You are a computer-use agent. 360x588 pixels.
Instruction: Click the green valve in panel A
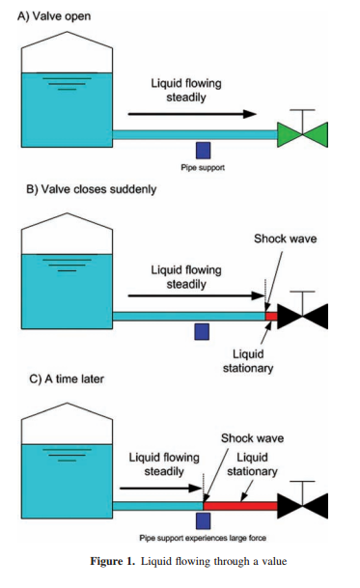tap(303, 134)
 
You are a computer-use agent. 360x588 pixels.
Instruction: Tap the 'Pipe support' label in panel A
tap(203, 168)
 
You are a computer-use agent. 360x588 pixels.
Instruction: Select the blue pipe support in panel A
tap(203, 151)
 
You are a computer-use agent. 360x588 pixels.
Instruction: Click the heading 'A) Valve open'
tap(54, 16)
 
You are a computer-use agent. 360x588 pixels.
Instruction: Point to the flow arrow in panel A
tap(192, 114)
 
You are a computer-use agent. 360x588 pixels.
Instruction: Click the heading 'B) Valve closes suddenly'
tap(91, 189)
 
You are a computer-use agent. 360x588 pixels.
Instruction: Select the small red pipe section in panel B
tap(271, 316)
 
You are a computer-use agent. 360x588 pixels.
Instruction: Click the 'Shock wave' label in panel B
tap(286, 238)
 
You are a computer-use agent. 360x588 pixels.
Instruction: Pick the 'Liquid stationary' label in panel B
tap(248, 361)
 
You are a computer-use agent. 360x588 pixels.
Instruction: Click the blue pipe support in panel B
tap(202, 332)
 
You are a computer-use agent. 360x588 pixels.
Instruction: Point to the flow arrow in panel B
tap(196, 295)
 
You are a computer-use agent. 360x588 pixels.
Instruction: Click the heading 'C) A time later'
tap(67, 379)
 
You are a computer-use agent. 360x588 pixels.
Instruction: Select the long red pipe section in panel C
tap(240, 506)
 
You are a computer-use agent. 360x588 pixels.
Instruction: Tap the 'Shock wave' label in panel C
tap(252, 438)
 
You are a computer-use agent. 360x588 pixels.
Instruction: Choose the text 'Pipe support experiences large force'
tap(203, 538)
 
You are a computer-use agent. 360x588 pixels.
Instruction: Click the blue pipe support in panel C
tap(203, 521)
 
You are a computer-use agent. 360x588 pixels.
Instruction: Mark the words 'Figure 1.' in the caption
tap(112, 561)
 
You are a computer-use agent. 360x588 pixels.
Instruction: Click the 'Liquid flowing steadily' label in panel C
tap(164, 464)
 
